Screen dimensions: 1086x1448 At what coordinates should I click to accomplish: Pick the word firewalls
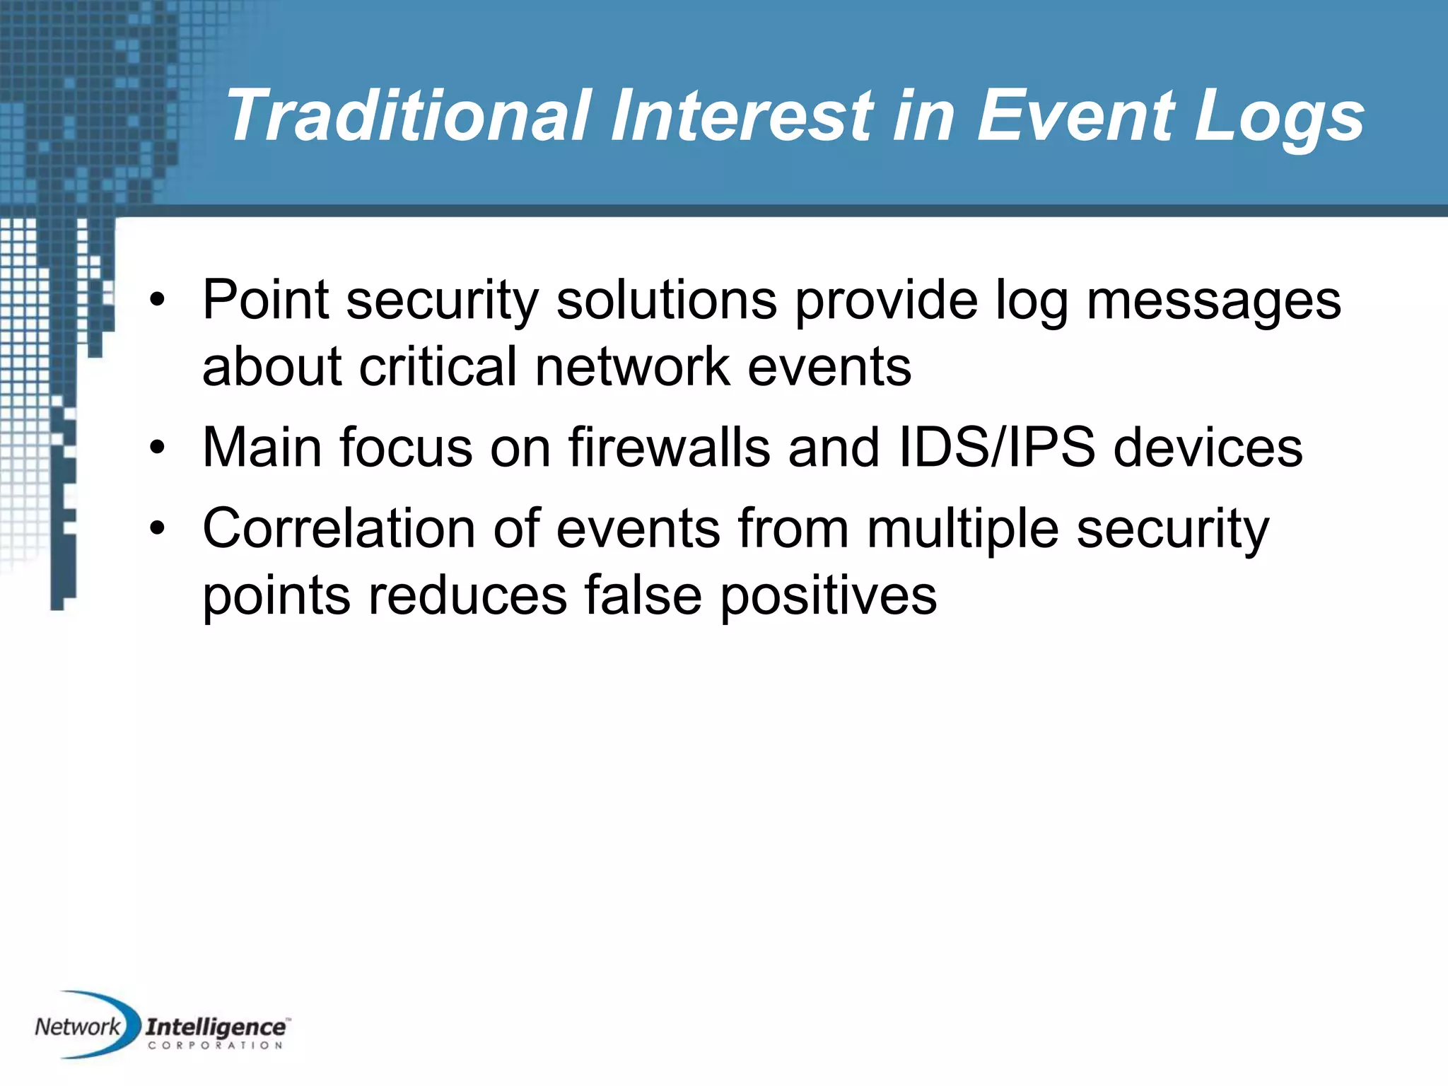[x=669, y=448]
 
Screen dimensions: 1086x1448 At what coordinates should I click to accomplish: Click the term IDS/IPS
[x=997, y=448]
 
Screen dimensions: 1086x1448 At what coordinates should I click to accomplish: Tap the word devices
[x=1208, y=448]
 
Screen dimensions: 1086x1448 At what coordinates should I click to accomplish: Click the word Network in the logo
[x=78, y=1026]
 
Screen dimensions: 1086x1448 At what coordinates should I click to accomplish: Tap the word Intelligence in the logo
[x=215, y=1027]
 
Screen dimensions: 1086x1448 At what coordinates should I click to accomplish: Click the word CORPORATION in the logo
[x=215, y=1045]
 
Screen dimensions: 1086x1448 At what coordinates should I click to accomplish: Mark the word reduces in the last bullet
[x=467, y=595]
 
